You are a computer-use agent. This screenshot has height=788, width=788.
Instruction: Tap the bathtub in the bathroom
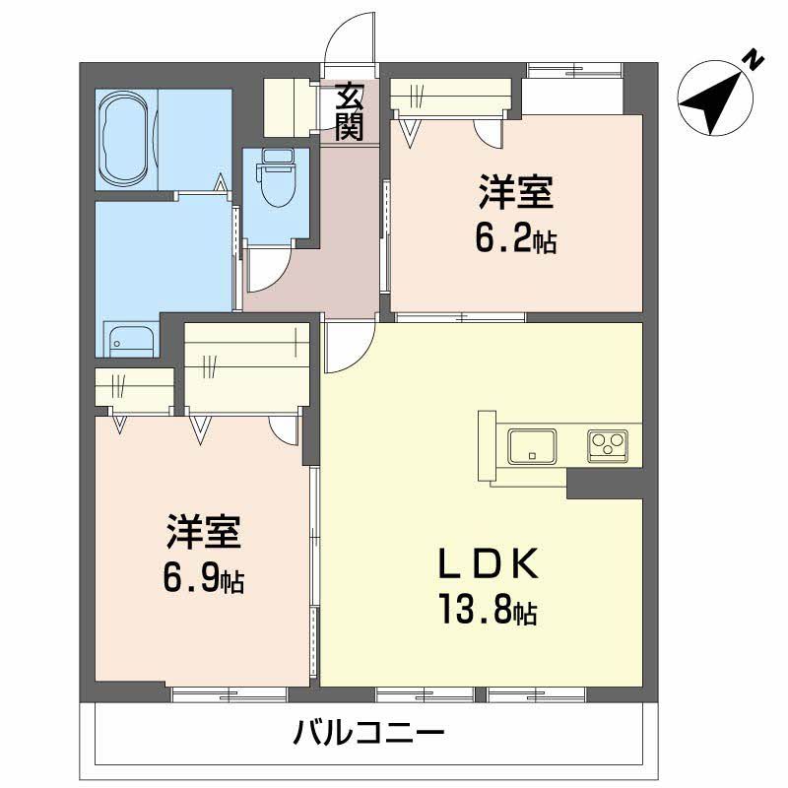[x=125, y=141]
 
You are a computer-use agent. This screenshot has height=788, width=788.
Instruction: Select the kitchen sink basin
[x=532, y=446]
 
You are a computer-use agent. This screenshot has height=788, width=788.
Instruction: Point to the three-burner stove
[x=608, y=445]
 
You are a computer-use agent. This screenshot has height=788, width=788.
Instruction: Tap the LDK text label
[x=487, y=564]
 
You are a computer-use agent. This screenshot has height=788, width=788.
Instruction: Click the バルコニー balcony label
[x=368, y=733]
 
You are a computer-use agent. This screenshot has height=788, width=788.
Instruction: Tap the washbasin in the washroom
[x=130, y=341]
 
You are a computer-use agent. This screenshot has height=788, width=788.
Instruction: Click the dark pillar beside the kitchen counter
[x=604, y=483]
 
